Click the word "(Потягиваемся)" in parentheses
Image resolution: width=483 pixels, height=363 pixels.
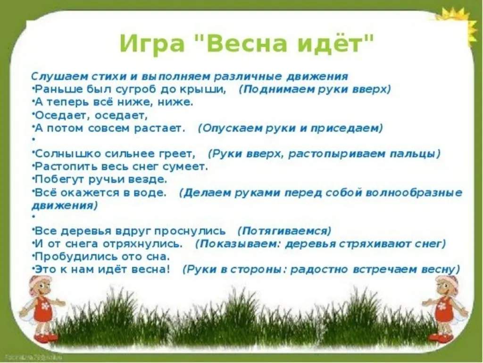coord(284,231)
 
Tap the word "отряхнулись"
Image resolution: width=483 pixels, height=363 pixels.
coord(142,244)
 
